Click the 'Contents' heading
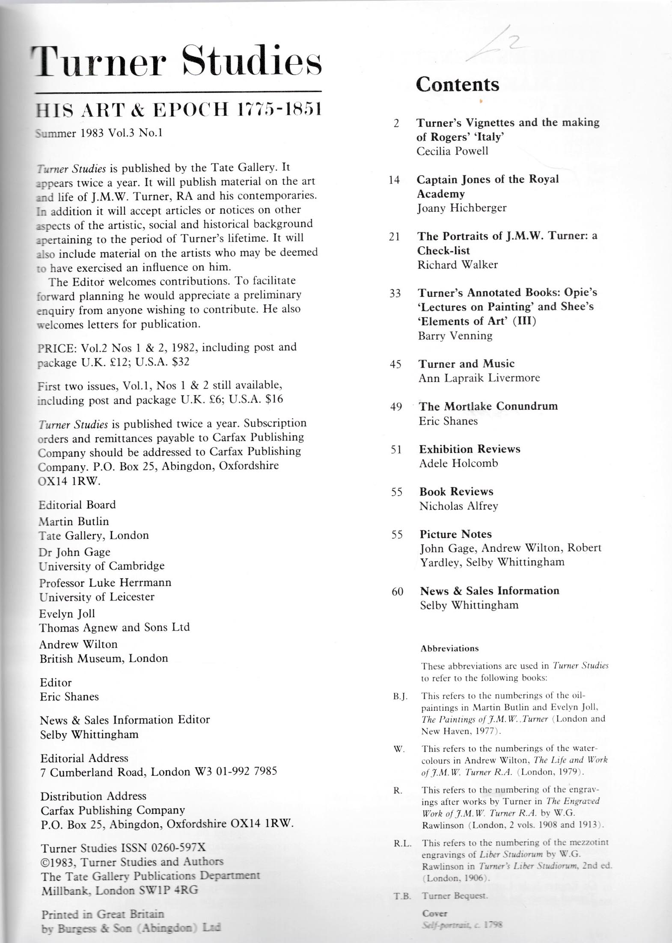[x=457, y=84]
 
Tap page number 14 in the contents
[x=394, y=180]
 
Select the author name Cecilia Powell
[x=452, y=151]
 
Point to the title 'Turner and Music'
[x=467, y=364]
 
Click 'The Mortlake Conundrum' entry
[x=488, y=406]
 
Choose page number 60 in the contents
[x=397, y=592]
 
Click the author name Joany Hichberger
[x=462, y=208]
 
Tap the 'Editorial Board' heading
[x=77, y=505]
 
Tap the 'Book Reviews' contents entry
[x=456, y=492]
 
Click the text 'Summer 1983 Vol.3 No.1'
[x=99, y=133]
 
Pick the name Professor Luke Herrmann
[x=105, y=582]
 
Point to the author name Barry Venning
[x=455, y=336]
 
